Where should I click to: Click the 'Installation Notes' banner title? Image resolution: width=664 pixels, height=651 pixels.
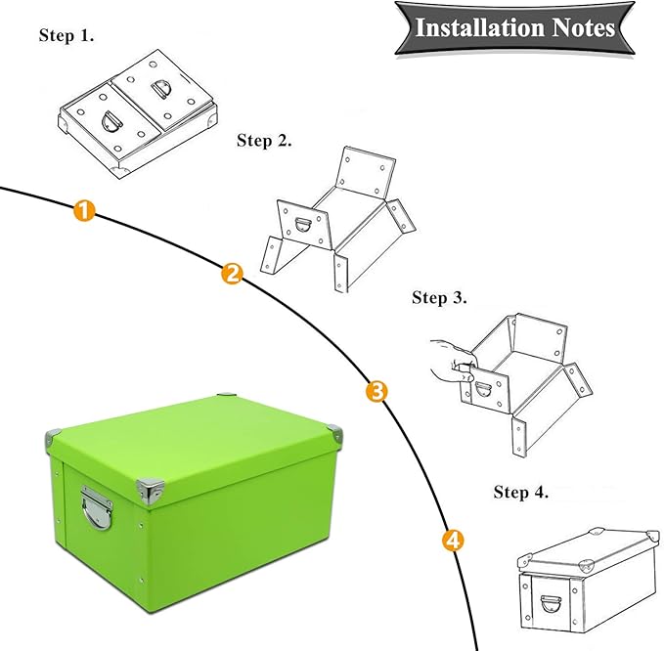(x=515, y=26)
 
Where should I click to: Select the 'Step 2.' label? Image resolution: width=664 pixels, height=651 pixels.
(x=265, y=142)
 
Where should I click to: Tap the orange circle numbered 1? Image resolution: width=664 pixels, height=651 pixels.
(x=85, y=210)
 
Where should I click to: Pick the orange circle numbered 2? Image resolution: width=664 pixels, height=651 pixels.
(x=232, y=274)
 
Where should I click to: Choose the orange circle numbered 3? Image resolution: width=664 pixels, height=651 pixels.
(x=376, y=392)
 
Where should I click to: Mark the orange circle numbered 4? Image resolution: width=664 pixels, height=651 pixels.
(x=452, y=539)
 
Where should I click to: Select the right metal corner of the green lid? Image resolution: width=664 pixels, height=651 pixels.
(x=334, y=431)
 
